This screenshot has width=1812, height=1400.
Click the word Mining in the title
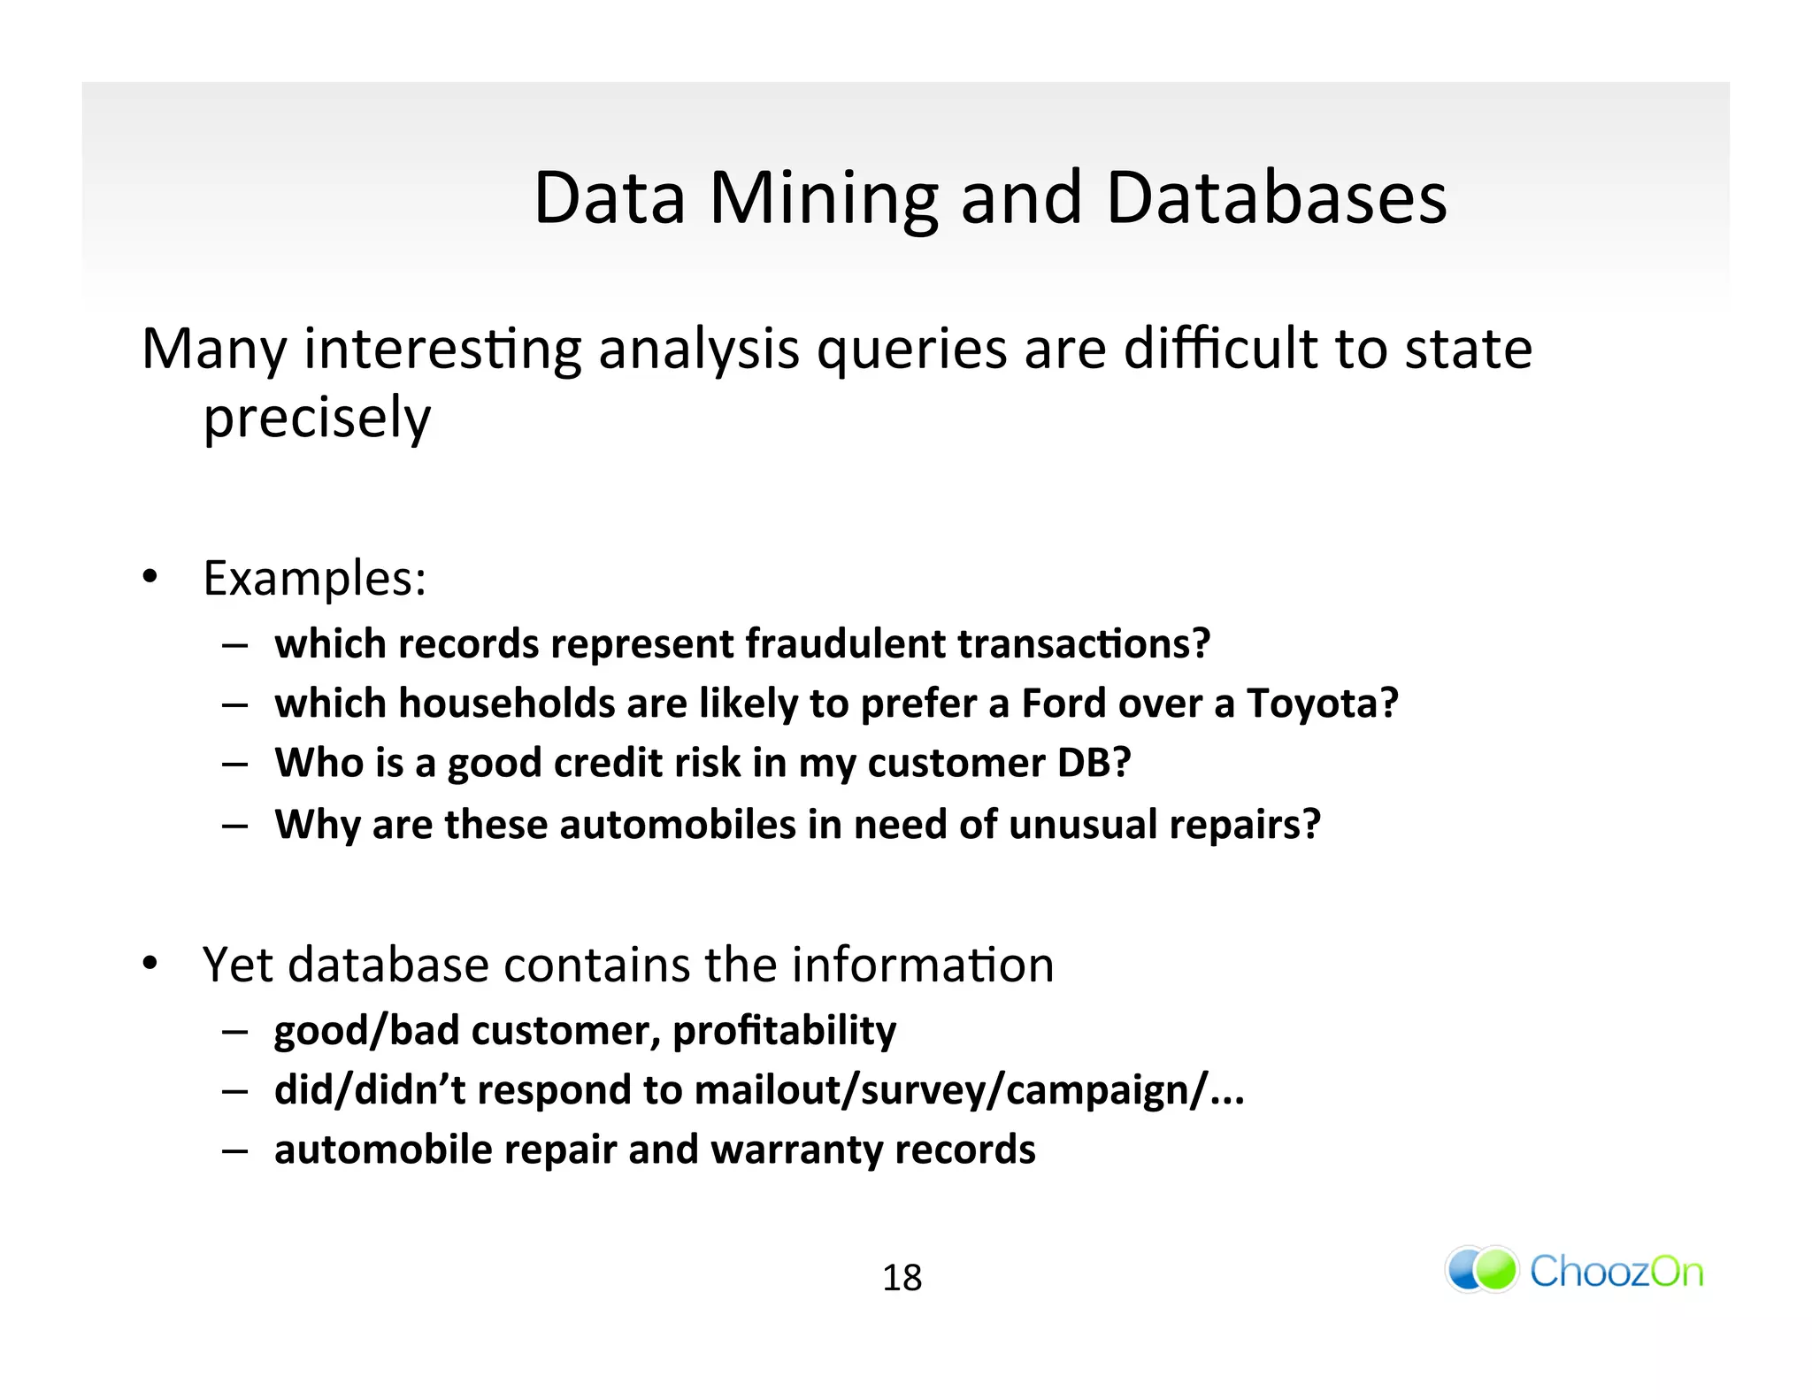click(823, 198)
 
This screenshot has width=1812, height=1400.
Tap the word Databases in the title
click(1276, 198)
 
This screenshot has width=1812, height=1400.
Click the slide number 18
click(902, 1278)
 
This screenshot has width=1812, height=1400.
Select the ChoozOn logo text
click(1616, 1272)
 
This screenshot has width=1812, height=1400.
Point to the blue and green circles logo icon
click(1481, 1269)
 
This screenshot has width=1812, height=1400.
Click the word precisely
click(317, 418)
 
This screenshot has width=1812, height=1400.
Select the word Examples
click(314, 579)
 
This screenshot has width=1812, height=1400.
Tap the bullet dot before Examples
click(150, 577)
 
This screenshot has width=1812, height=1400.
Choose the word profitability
click(784, 1031)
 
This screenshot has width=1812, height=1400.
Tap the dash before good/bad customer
click(234, 1032)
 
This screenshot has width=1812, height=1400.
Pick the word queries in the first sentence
click(911, 349)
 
